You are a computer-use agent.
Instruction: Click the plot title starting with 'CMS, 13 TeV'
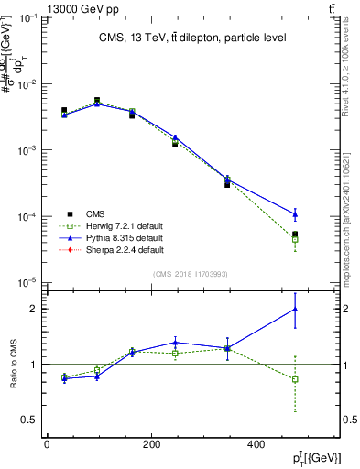click(193, 38)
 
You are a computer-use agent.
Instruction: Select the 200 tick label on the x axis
click(151, 444)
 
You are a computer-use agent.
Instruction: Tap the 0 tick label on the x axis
click(47, 444)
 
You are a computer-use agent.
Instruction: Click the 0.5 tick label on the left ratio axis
click(28, 420)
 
